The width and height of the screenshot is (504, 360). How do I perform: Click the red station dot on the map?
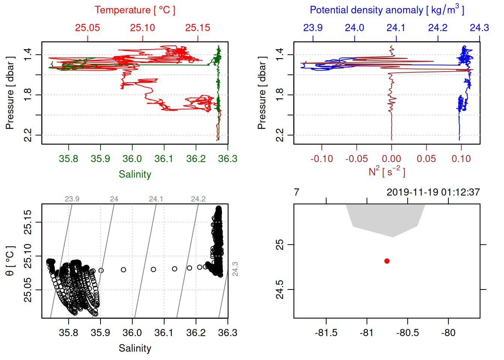tap(387, 261)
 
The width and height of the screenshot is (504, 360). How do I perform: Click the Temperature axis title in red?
tap(135, 10)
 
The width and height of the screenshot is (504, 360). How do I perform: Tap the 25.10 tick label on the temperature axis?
tap(142, 28)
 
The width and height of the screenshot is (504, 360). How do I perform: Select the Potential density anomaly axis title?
tap(387, 10)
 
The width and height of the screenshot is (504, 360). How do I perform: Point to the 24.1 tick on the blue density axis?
tap(396, 28)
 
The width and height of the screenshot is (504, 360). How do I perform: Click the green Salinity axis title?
tap(135, 174)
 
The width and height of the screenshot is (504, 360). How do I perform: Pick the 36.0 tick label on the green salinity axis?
tap(132, 159)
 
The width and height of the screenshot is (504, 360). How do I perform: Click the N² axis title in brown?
tap(387, 171)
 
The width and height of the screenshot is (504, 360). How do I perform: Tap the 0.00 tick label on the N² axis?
tap(391, 159)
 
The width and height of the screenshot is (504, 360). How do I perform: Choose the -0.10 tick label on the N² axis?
tap(322, 159)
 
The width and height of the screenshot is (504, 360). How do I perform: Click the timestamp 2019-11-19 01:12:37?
tap(433, 192)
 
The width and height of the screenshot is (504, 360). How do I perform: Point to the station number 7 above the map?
tap(297, 192)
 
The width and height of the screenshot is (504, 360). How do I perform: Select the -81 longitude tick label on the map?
tap(366, 333)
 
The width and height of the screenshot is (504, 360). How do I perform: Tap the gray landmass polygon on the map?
tap(386, 219)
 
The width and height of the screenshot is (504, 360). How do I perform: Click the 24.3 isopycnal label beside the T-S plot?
tap(235, 269)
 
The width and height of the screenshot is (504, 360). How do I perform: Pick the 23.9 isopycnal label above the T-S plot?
tap(72, 199)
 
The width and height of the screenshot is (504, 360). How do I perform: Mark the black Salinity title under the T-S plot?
tap(135, 348)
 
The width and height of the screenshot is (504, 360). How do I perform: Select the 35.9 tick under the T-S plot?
tap(100, 333)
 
